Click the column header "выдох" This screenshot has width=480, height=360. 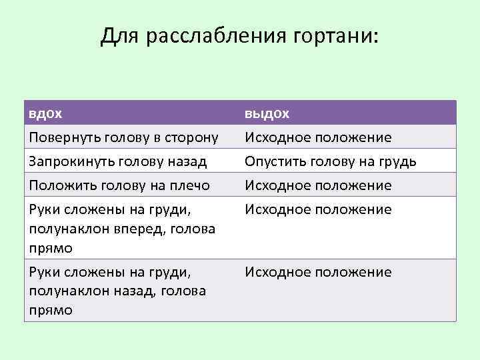(x=267, y=113)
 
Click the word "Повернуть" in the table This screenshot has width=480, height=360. (x=63, y=137)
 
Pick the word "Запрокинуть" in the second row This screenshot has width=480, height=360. (x=69, y=161)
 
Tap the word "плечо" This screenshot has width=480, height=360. (x=191, y=185)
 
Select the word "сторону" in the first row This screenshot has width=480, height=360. (x=194, y=137)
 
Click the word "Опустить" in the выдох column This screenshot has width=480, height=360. (x=273, y=161)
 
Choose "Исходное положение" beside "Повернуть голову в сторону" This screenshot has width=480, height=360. (x=318, y=137)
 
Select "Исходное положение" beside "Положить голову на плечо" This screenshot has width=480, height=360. (x=318, y=185)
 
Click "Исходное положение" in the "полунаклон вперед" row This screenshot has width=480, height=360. (x=318, y=210)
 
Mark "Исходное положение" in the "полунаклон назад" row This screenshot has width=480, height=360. (x=318, y=272)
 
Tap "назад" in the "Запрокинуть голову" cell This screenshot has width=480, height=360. (x=189, y=161)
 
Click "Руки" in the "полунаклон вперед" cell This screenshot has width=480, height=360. (x=43, y=210)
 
